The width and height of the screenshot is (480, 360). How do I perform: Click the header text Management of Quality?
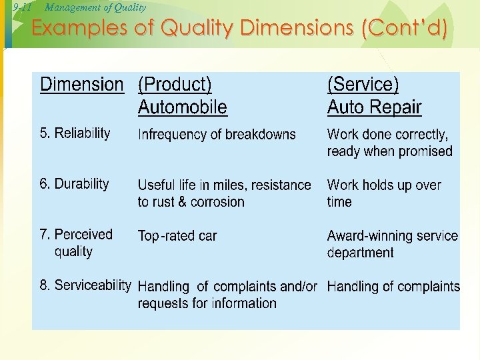pos(95,7)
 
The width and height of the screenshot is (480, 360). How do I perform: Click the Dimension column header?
pos(82,85)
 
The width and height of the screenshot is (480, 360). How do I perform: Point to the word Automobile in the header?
pos(182,107)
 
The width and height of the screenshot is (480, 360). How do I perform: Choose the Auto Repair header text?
pos(374,107)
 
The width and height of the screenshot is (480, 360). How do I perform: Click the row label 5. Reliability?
pos(75,133)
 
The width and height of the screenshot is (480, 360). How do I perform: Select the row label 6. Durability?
pos(74,184)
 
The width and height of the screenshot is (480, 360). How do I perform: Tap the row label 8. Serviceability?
pos(85,285)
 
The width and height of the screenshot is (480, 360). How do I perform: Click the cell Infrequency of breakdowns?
pos(217,135)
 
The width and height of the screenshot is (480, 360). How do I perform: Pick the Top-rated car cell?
pos(177,236)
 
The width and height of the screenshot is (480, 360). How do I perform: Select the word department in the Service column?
pos(360,253)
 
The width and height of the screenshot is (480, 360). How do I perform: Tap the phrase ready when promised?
pos(389,151)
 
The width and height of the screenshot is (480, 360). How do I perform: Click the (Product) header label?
pos(175,85)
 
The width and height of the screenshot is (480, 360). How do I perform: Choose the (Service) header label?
pos(363,85)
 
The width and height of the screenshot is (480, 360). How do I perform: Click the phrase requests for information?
pos(207,303)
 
